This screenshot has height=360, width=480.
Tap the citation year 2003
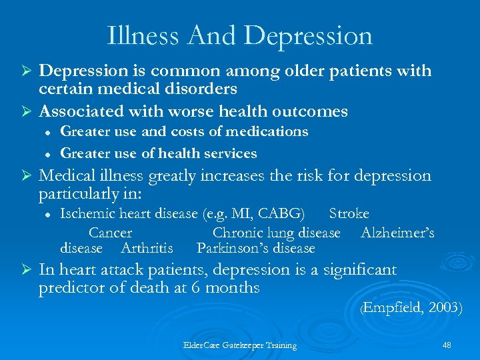(443, 307)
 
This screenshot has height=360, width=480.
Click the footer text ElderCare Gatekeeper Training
(240, 345)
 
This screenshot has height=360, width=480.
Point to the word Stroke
(349, 213)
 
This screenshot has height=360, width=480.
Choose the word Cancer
(110, 233)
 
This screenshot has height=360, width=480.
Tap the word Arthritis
(147, 248)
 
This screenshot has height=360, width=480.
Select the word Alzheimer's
(397, 233)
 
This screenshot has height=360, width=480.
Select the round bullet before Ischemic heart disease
(47, 214)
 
